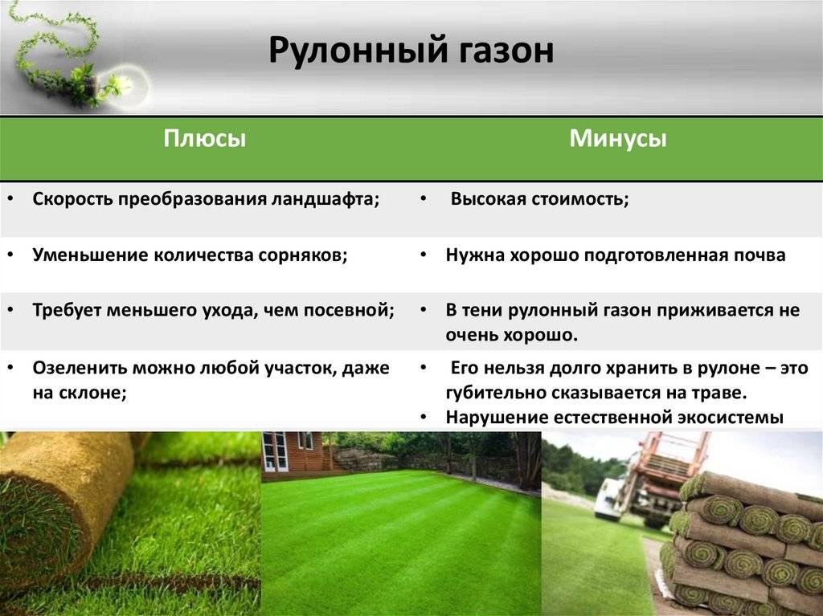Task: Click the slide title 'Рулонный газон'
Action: click(x=411, y=51)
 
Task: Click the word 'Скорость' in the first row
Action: click(x=72, y=200)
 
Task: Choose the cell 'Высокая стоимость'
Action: click(x=538, y=200)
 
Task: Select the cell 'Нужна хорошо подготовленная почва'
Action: click(x=616, y=255)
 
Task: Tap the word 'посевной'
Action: click(x=354, y=311)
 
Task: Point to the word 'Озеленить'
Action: click(x=77, y=368)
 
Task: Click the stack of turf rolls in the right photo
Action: click(x=743, y=546)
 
